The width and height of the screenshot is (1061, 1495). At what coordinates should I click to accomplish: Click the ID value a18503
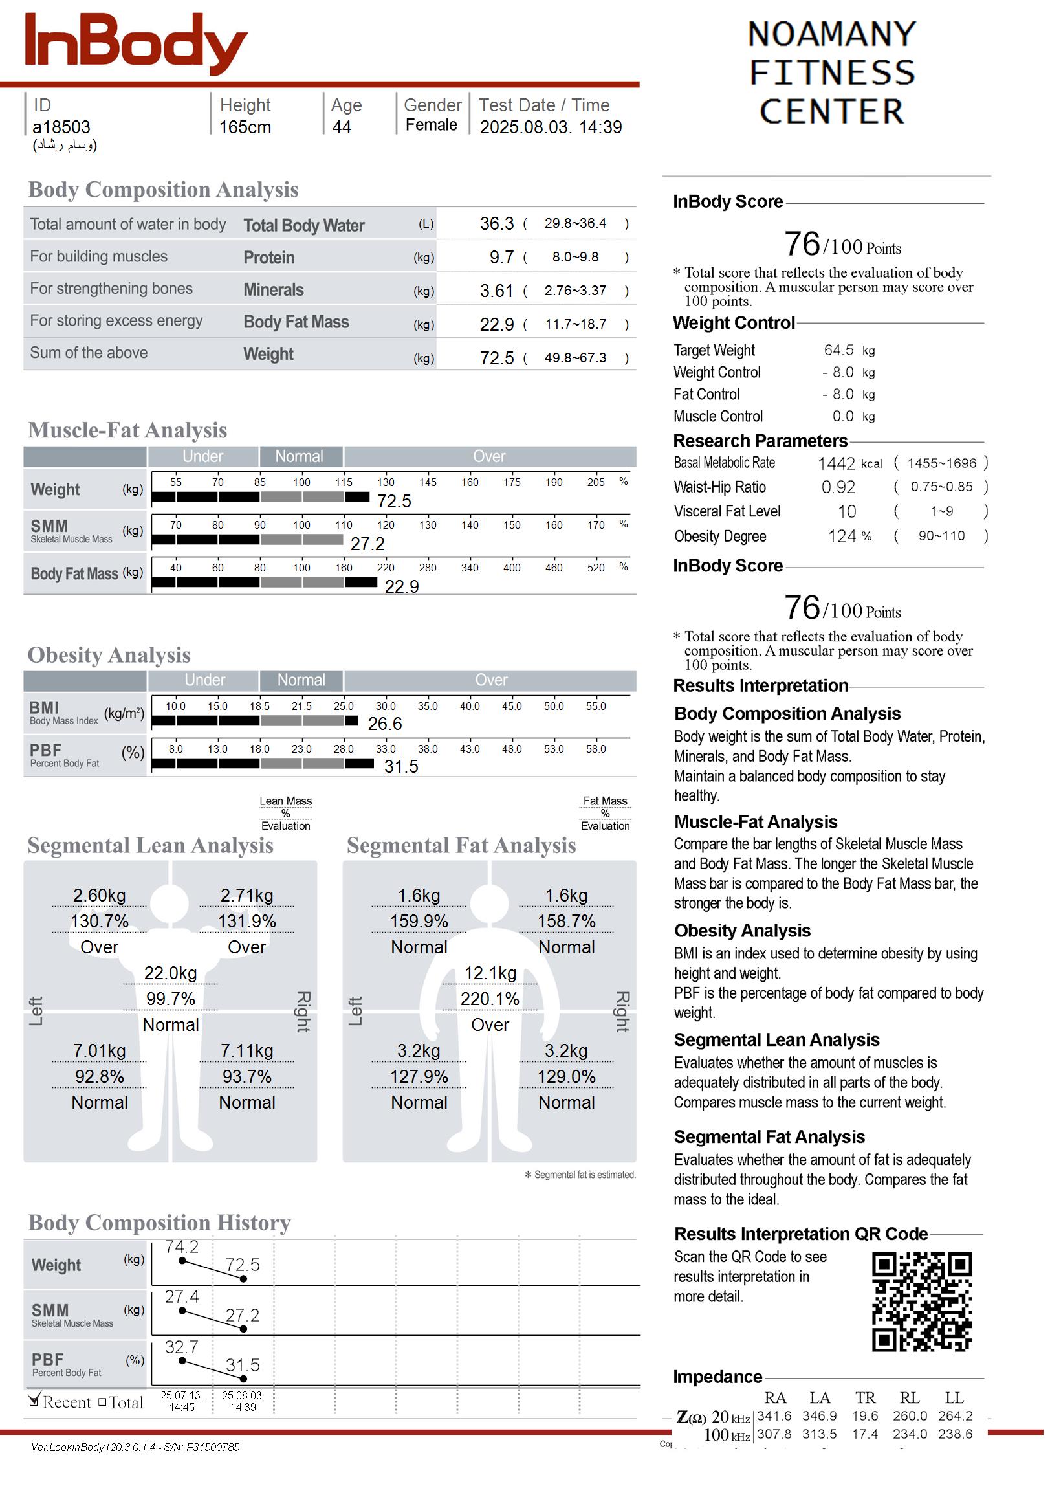pos(61,127)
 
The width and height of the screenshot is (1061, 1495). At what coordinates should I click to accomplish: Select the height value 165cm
pos(245,127)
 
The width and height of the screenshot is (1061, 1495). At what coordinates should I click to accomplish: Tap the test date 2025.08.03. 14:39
pos(550,127)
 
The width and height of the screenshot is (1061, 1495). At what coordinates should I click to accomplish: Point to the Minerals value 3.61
pos(496,291)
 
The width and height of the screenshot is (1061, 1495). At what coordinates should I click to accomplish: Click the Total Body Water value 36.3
pos(496,224)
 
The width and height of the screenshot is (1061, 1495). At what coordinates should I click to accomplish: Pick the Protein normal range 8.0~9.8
pos(575,257)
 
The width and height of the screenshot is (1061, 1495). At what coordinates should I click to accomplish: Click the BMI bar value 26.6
pos(385,724)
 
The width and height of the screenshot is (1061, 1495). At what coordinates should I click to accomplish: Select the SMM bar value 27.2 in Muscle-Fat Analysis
pos(367,544)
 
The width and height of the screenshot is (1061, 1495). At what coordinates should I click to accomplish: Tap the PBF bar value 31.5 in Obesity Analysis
pos(400,766)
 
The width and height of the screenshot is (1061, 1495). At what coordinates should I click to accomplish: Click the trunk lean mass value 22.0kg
pos(171,973)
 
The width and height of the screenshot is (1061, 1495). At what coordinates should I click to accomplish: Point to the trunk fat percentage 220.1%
pos(490,999)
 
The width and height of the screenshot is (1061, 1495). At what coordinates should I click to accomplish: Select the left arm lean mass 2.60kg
pos(99,896)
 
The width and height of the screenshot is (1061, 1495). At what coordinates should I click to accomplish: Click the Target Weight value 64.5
pos(838,350)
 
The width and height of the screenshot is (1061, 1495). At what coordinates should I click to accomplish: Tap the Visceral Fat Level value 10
pos(847,512)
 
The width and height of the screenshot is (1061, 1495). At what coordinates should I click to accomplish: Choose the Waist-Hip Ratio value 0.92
pos(838,487)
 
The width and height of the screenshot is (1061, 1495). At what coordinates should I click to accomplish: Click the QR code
pos(921,1301)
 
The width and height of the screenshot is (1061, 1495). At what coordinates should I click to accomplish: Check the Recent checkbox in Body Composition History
pos(35,1401)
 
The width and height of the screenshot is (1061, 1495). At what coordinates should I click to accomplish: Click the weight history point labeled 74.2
pos(182,1261)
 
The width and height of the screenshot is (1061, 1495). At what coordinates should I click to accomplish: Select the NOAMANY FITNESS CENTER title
pos(832,72)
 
